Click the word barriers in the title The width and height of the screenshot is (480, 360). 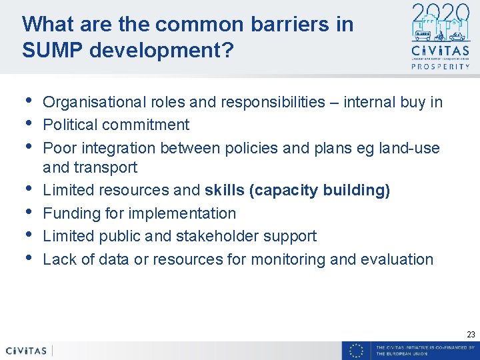click(x=264, y=24)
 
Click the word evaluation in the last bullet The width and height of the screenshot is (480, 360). click(x=397, y=259)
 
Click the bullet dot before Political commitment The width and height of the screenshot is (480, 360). click(x=27, y=122)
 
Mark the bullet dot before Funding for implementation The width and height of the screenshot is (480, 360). click(x=27, y=211)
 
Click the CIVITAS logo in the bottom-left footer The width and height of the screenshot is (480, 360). click(x=26, y=351)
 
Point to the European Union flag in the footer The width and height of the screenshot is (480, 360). click(x=357, y=351)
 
